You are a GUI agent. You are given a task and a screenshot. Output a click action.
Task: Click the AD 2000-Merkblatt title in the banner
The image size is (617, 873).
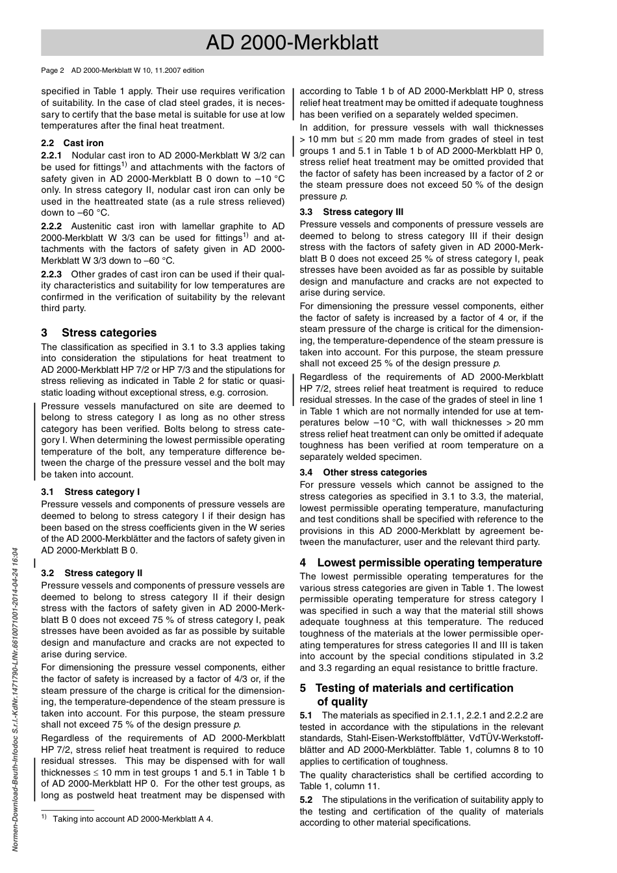pyautogui.click(x=292, y=43)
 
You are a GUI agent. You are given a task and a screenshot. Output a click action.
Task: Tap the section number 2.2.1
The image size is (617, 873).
pyautogui.click(x=51, y=155)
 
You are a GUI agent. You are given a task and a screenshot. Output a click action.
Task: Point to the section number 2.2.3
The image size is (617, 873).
pyautogui.click(x=51, y=274)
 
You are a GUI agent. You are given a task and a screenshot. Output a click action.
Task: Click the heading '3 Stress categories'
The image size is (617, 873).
pyautogui.click(x=99, y=333)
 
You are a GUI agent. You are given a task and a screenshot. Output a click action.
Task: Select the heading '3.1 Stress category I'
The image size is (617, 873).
pyautogui.click(x=90, y=492)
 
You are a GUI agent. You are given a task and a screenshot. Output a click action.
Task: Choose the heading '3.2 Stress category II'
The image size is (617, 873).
pyautogui.click(x=92, y=573)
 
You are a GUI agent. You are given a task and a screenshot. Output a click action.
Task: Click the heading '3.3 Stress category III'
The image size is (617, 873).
pyautogui.click(x=351, y=212)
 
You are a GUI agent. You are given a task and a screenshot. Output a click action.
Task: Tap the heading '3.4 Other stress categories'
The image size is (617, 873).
pyautogui.click(x=363, y=472)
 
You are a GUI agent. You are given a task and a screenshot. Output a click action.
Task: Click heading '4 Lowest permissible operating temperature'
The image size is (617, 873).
pyautogui.click(x=421, y=563)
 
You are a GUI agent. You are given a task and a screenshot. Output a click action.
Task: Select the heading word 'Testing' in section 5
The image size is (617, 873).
pyautogui.click(x=338, y=688)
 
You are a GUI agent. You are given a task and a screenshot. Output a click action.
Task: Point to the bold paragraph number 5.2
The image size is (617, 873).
pyautogui.click(x=307, y=800)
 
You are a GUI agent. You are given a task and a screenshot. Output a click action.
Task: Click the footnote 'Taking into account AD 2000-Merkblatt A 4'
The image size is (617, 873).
pyautogui.click(x=132, y=819)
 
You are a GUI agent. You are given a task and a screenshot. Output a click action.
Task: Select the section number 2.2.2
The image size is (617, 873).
pyautogui.click(x=51, y=227)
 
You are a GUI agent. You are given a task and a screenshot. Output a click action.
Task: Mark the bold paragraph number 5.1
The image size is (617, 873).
pyautogui.click(x=307, y=715)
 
